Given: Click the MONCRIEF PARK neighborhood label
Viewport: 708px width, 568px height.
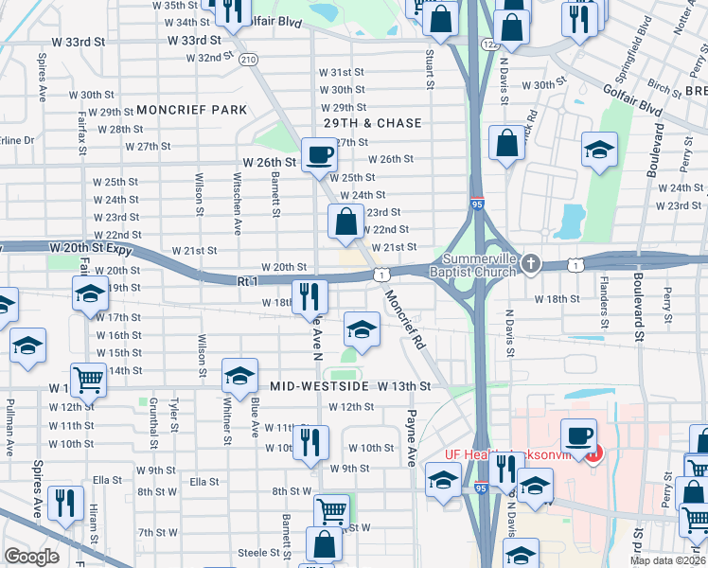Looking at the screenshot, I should click(191, 110).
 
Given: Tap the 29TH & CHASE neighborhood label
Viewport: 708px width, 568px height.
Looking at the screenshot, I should click(373, 124).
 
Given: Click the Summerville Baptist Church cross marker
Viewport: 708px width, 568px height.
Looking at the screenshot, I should click(530, 263).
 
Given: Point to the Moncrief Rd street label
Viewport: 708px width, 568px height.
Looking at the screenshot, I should click(403, 316).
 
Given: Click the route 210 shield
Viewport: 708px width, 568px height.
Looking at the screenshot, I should click(248, 59).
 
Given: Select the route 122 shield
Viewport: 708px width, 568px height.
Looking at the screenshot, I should click(489, 44).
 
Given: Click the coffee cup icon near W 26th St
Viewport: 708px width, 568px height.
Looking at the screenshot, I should click(319, 155).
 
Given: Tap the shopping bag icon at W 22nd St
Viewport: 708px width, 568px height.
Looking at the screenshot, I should click(345, 223).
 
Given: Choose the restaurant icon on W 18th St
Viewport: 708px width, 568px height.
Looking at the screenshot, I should click(310, 296).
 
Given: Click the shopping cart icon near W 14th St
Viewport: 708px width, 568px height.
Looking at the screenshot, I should click(89, 380).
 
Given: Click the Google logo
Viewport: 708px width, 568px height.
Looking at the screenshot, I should click(32, 556).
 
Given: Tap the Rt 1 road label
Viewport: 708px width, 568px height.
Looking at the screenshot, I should click(248, 281).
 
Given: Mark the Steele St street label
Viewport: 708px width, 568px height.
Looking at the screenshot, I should click(256, 552).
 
